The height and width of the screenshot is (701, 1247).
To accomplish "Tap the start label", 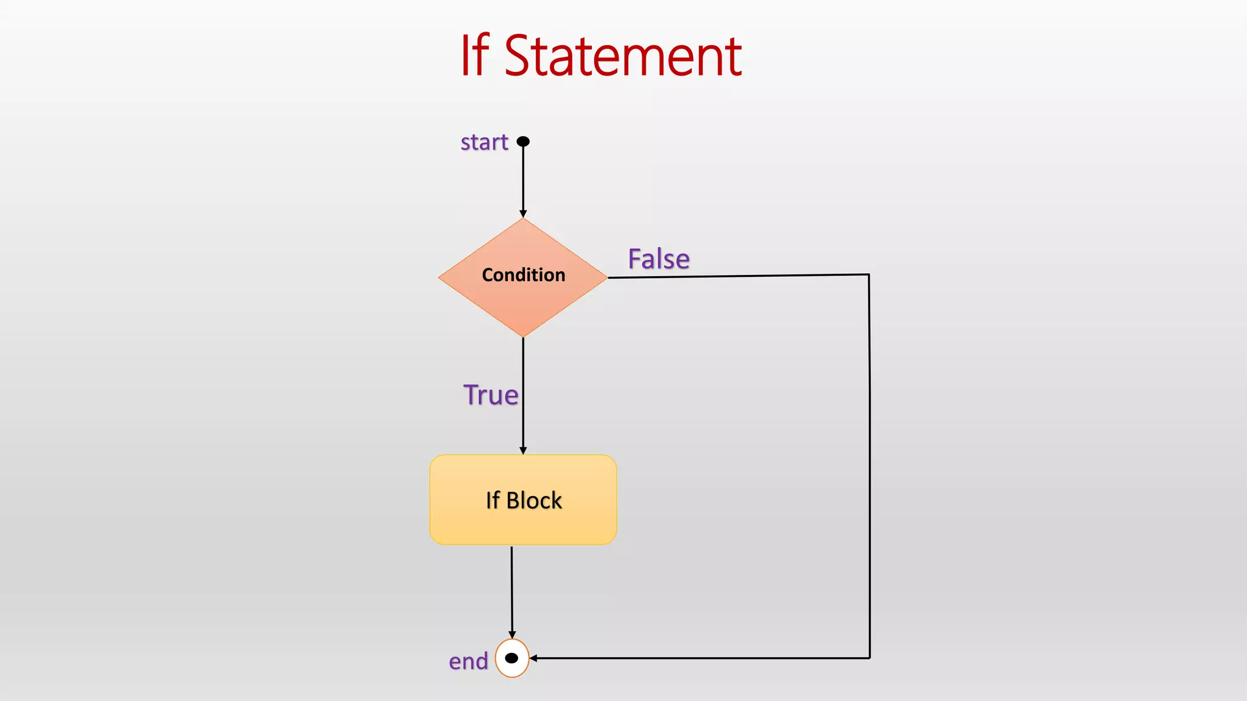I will click(484, 142).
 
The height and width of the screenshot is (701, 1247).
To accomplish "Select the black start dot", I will click(523, 142).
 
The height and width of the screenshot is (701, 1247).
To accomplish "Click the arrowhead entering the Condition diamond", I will click(523, 214).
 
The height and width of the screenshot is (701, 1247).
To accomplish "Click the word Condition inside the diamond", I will click(523, 275).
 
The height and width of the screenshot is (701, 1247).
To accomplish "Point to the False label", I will click(659, 259).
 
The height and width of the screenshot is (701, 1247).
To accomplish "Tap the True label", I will click(491, 395).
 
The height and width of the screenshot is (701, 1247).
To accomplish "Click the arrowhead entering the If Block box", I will click(523, 450).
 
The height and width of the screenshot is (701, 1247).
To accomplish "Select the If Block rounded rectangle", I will click(523, 523).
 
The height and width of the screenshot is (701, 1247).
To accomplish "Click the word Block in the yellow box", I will click(534, 501).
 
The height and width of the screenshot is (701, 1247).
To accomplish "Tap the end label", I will click(468, 661).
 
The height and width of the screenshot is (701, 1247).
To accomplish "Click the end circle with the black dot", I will click(512, 658).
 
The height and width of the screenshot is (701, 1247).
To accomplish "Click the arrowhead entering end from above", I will click(512, 635).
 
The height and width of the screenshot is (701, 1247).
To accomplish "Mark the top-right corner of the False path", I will click(869, 274).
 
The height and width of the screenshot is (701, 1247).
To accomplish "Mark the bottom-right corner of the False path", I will click(869, 658).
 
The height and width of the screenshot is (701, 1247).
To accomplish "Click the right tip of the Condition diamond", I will click(606, 277).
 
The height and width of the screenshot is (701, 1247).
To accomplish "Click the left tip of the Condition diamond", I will click(440, 277).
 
